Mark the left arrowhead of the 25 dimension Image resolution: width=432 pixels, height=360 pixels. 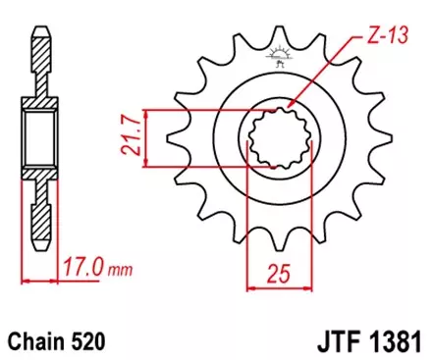(247, 288)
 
